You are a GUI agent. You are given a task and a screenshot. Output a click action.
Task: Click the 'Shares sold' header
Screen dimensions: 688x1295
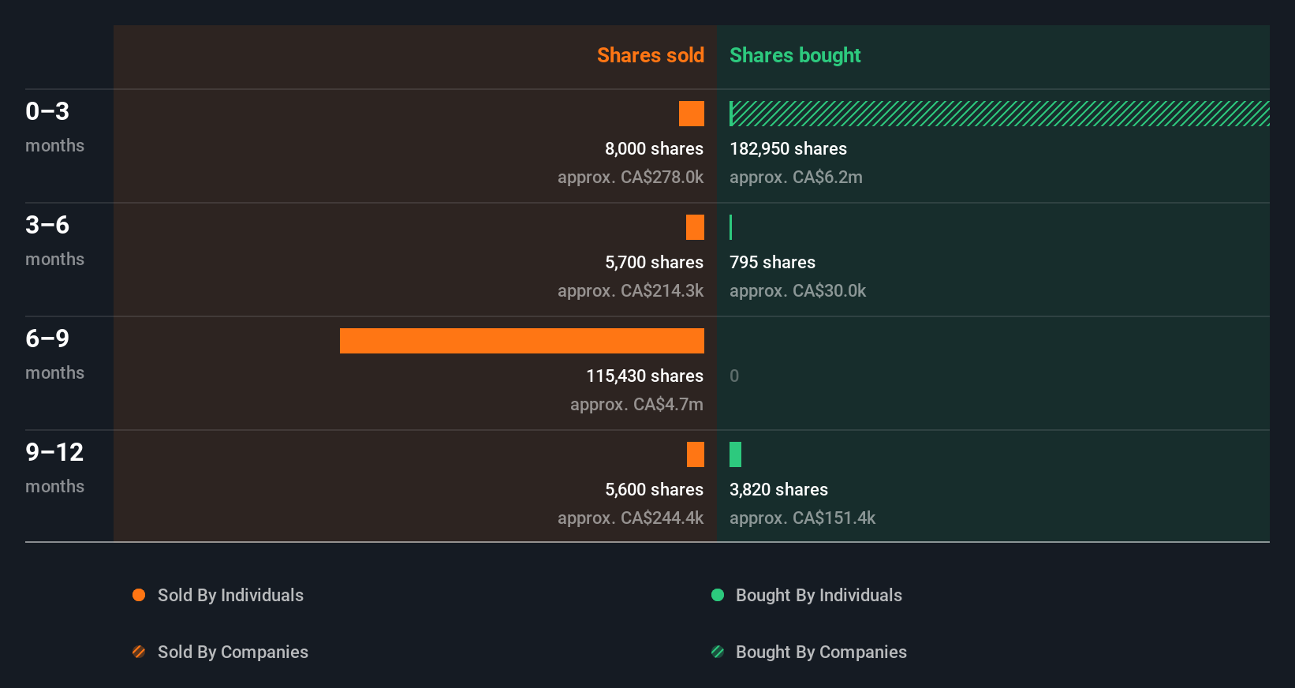[x=650, y=55]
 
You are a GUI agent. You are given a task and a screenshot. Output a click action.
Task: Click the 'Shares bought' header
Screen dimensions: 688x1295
[x=794, y=55]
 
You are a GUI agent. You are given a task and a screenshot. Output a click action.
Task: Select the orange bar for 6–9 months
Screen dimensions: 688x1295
[x=521, y=341]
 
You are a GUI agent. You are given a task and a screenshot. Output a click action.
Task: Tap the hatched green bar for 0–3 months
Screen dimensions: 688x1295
[x=998, y=114]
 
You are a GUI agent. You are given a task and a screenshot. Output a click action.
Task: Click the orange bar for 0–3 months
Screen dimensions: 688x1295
[x=691, y=114]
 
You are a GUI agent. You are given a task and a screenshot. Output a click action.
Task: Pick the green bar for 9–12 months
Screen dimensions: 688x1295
[x=735, y=454]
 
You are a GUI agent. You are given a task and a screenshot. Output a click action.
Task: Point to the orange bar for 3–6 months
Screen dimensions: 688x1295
[x=695, y=227]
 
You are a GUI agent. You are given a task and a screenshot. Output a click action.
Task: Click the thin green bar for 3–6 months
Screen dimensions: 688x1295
[x=731, y=227]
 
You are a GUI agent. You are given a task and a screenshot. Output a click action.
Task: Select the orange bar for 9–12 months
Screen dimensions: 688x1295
[x=695, y=454]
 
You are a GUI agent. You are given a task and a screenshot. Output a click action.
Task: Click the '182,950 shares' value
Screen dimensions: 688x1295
[x=788, y=148]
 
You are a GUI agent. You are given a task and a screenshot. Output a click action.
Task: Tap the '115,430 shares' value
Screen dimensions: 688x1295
[x=644, y=376]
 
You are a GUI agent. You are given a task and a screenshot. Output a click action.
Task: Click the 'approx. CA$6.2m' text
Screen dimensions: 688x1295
[x=796, y=177]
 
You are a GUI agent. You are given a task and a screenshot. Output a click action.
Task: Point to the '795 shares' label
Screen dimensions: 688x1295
[x=772, y=262]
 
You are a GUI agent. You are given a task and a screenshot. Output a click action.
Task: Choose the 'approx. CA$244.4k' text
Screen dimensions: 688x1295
[x=630, y=518]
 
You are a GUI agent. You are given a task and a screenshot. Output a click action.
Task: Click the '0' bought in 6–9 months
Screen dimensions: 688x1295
[x=734, y=376]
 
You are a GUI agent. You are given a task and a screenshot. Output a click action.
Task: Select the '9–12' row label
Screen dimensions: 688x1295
[x=54, y=452]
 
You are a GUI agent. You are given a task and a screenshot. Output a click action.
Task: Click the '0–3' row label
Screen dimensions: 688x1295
[x=47, y=111]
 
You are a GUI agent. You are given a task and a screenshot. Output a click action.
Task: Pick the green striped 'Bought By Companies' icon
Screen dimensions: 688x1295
[x=718, y=652]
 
